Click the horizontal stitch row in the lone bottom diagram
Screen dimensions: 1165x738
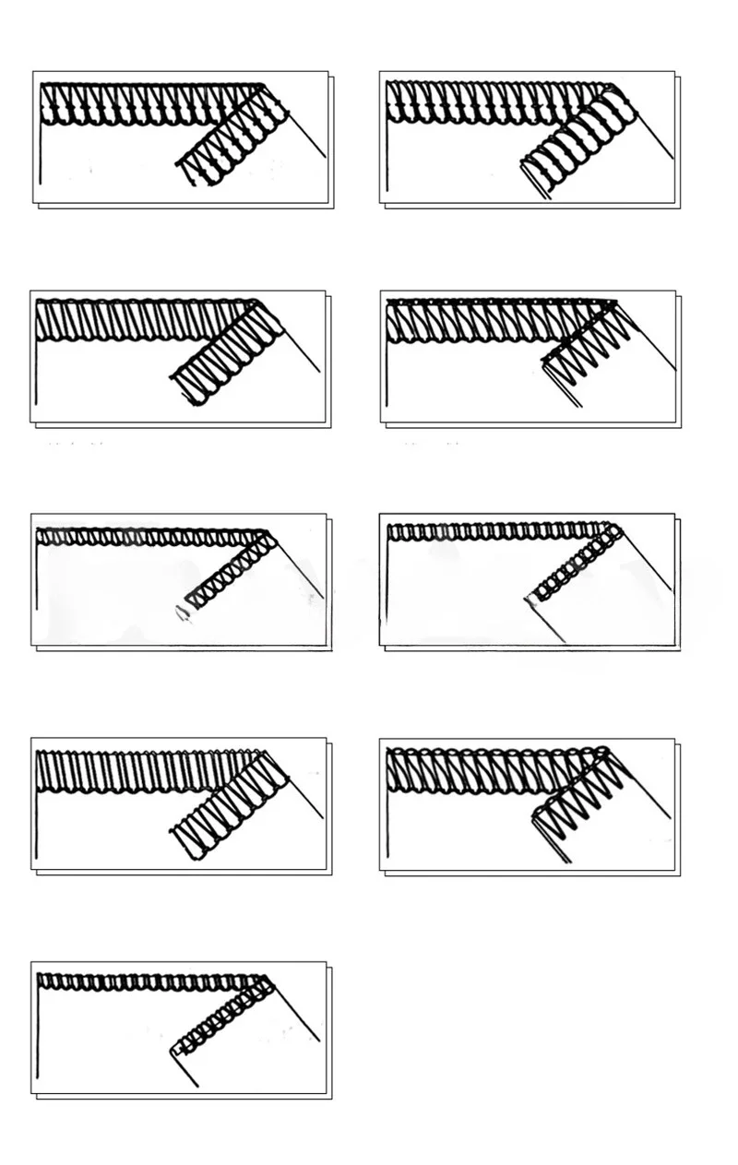148,981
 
